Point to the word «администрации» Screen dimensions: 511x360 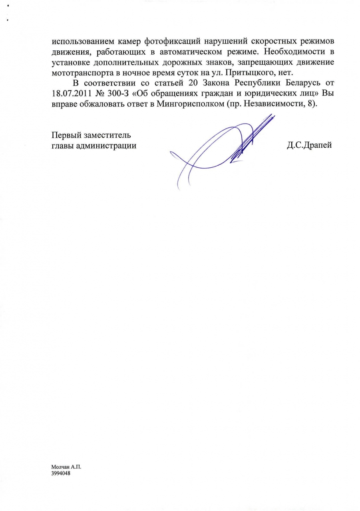107,146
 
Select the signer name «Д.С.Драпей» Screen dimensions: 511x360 309,146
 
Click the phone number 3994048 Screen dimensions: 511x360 61,473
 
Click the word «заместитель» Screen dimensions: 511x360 109,135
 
